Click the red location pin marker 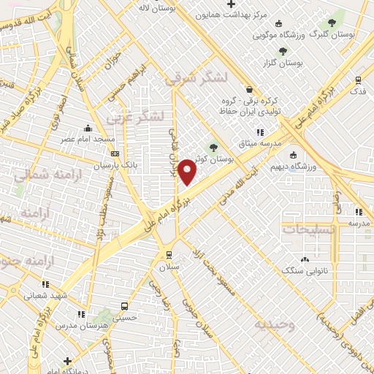[188, 171]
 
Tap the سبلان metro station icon [169, 255]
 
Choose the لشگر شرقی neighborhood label [196, 79]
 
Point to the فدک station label [358, 91]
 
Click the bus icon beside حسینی [125, 306]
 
